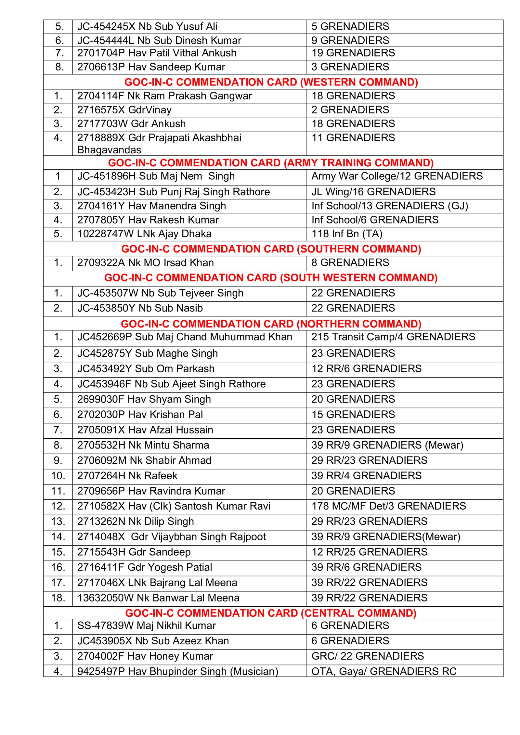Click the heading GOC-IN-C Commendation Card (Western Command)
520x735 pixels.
click(x=271, y=82)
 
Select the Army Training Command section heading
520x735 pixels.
click(x=271, y=162)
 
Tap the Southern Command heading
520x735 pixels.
click(x=271, y=249)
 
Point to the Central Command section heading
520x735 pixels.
click(x=271, y=613)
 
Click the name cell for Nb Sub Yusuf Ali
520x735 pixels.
click(x=147, y=26)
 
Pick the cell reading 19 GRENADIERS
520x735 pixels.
click(x=353, y=53)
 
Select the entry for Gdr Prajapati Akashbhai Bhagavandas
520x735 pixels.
click(x=159, y=143)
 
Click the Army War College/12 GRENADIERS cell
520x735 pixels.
click(x=397, y=176)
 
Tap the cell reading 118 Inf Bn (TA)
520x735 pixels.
click(x=347, y=234)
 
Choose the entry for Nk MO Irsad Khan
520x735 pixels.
click(x=145, y=263)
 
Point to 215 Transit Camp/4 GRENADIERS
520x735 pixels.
click(x=393, y=337)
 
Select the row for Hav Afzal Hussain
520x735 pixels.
click(x=145, y=430)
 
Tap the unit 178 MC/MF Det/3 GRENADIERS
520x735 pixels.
click(x=389, y=506)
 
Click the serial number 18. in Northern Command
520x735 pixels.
click(x=58, y=598)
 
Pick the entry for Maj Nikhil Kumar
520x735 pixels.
click(x=146, y=625)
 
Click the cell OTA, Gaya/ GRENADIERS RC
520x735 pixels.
click(x=384, y=671)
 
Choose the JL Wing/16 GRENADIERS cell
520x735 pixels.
click(x=373, y=192)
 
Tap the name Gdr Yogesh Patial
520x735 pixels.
click(x=169, y=567)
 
